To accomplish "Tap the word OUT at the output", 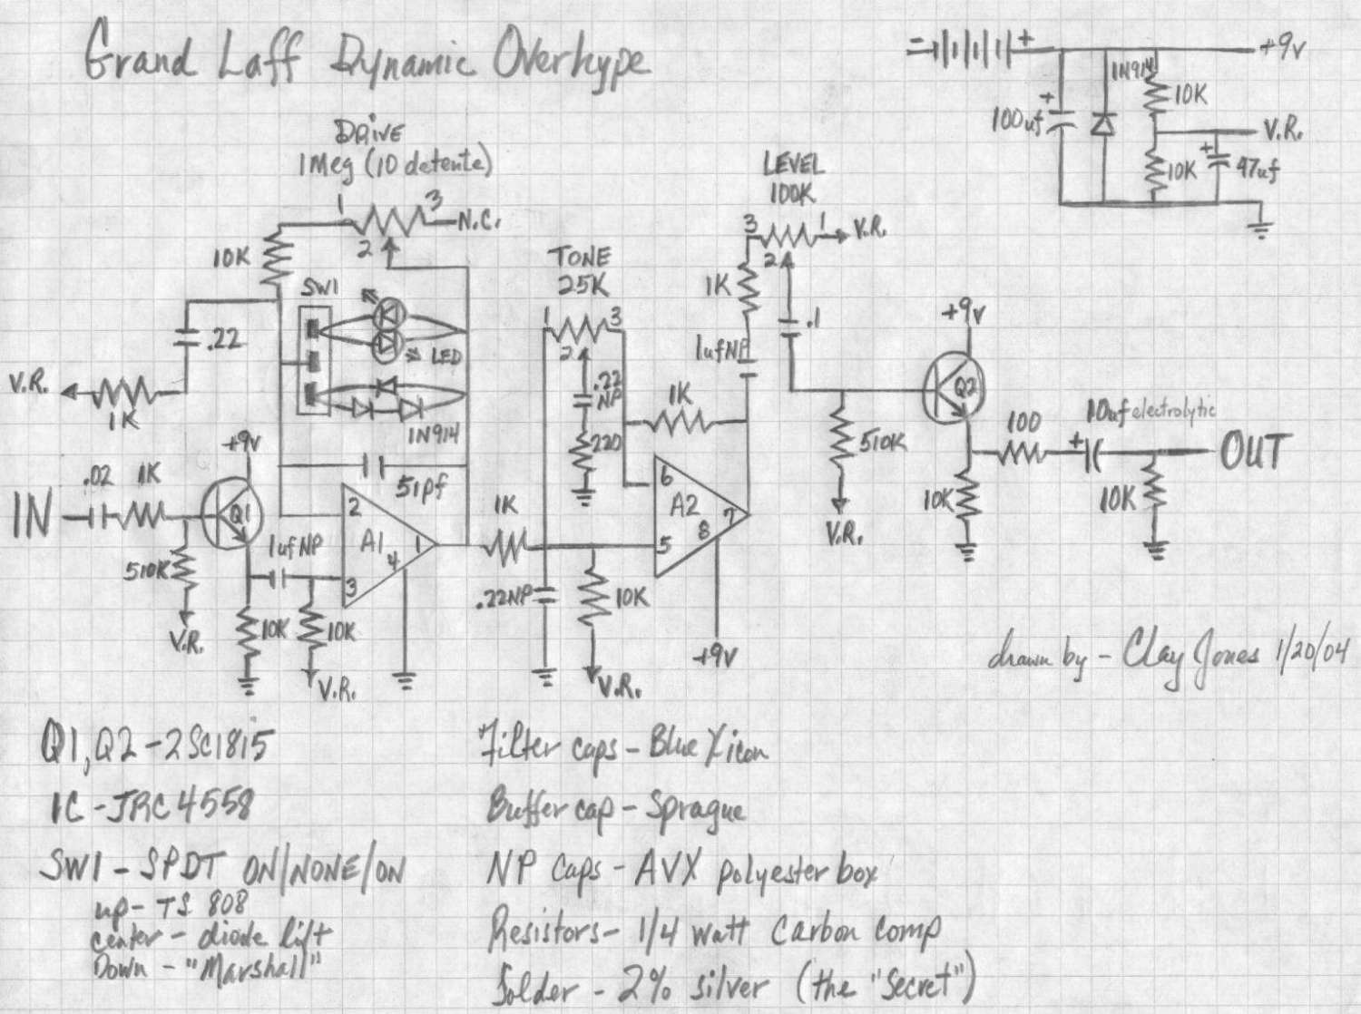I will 1255,451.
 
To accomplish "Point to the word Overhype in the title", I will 572,62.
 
